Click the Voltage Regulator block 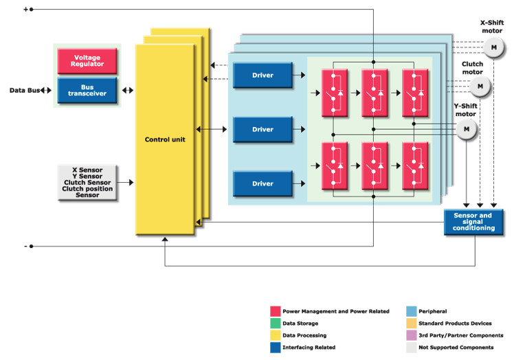click(x=87, y=60)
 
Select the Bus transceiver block click(x=87, y=90)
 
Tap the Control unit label click(x=164, y=139)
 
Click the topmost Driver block click(x=262, y=75)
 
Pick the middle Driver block click(x=262, y=129)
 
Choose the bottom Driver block click(x=262, y=183)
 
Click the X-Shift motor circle click(x=493, y=47)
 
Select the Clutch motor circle click(x=480, y=87)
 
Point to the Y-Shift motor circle click(x=467, y=128)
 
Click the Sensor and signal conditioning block click(x=473, y=221)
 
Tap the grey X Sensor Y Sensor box click(x=87, y=182)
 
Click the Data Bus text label click(x=24, y=90)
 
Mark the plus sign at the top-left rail click(x=25, y=9)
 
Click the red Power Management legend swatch click(x=276, y=311)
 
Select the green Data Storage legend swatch click(x=276, y=323)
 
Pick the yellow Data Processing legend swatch click(x=276, y=335)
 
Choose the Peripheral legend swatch click(x=411, y=311)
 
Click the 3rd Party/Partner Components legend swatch click(x=411, y=335)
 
